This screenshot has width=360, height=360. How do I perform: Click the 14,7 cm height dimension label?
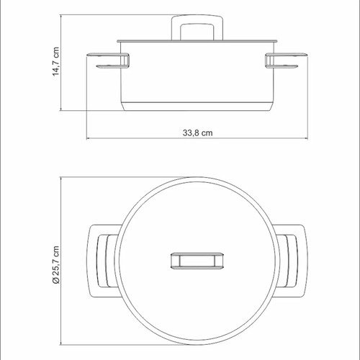point(55,61)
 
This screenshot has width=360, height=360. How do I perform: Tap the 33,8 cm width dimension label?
point(197,132)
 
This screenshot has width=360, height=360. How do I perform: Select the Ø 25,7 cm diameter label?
point(55,265)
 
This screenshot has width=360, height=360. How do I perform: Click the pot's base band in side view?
point(197,107)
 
